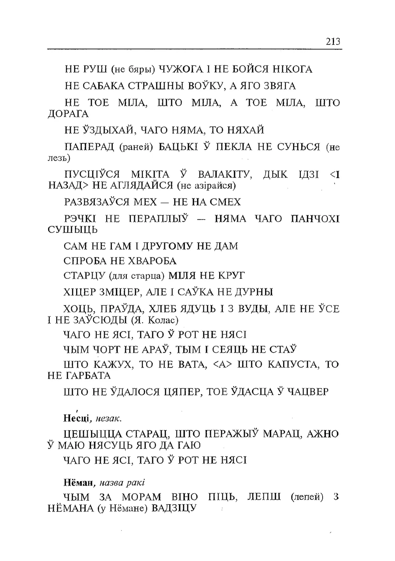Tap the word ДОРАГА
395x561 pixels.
68,114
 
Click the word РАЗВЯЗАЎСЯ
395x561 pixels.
97,202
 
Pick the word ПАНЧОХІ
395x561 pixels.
315,219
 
